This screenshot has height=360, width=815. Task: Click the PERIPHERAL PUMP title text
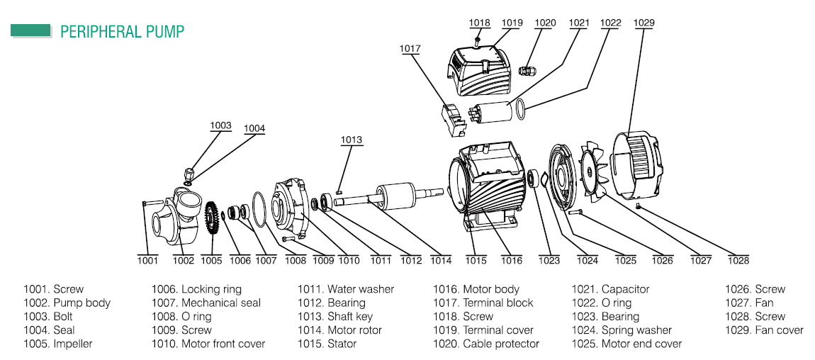122,31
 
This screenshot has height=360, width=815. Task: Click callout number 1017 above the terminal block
410,49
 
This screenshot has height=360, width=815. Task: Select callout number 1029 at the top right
643,23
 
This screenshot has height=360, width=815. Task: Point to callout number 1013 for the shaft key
351,140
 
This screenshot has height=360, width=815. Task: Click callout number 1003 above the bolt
220,125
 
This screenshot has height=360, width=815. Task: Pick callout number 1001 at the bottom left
147,260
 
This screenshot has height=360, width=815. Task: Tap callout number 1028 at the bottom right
738,260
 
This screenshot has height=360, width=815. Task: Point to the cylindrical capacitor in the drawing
493,111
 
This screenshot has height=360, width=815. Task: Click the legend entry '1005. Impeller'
58,344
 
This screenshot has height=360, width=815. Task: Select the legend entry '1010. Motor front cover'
208,344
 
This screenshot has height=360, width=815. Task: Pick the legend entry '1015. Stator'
327,344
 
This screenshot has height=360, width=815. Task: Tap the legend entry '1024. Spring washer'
622,330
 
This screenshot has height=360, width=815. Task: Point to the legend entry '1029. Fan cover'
764,330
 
